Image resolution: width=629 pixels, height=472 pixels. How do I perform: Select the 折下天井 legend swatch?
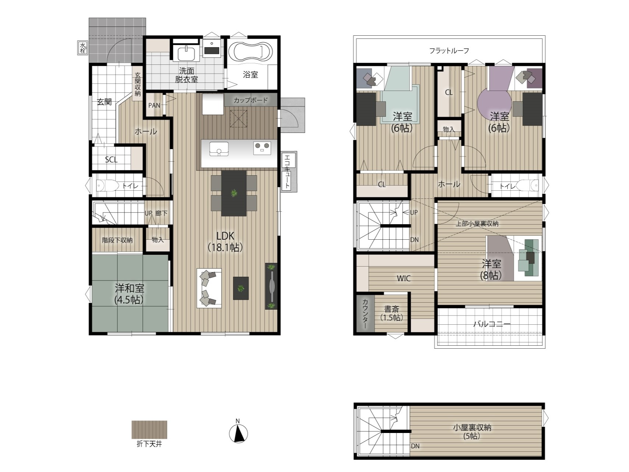149,430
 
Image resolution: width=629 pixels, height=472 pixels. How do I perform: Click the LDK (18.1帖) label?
225,242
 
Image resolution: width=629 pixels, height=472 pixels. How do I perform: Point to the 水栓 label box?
83,47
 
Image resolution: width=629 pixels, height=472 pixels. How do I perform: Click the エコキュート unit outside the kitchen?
288,171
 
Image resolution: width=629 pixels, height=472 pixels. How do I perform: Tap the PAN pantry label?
154,105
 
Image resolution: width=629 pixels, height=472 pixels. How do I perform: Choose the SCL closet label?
111,159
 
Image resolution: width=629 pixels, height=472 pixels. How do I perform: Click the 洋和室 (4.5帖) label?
129,294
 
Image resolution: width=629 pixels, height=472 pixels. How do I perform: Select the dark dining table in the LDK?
234,193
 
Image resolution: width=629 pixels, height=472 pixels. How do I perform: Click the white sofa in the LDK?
209,288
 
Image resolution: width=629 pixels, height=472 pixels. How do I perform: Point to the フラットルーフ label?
449,50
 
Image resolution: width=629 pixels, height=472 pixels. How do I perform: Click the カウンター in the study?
365,313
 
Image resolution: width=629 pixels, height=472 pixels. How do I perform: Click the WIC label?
404,278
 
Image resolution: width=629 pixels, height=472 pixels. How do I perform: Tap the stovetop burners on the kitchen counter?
262,148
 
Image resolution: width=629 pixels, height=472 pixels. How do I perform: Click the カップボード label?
251,100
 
